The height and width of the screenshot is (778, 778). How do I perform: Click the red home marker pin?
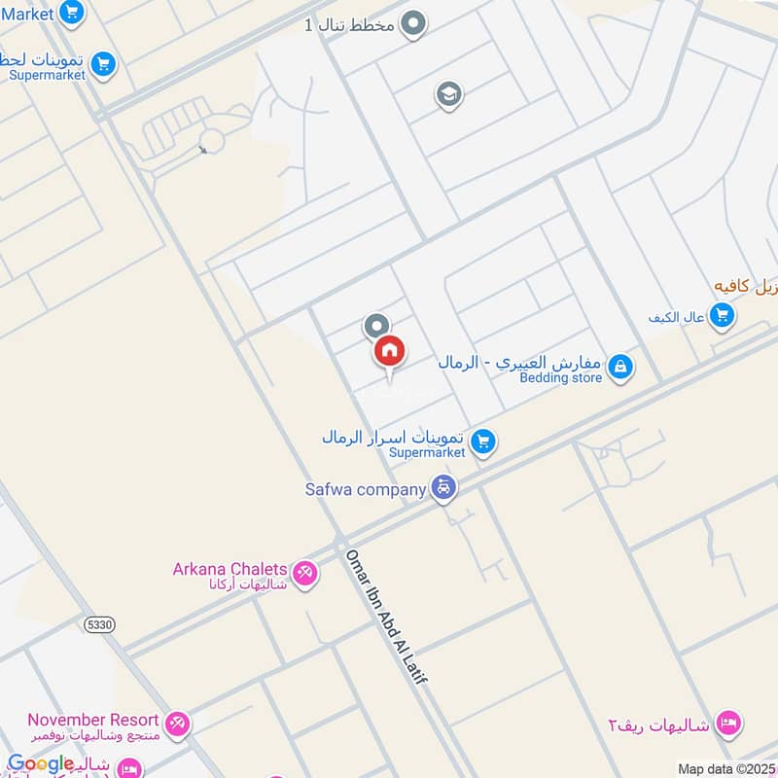[389, 352]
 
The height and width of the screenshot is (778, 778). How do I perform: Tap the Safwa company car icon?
[443, 488]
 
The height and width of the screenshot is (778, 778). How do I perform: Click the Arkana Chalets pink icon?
[305, 575]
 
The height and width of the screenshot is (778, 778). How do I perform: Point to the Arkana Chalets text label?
[230, 569]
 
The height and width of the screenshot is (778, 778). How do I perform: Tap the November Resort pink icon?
[177, 724]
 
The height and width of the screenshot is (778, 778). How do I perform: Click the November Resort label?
[93, 721]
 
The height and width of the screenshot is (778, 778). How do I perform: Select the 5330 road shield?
[99, 623]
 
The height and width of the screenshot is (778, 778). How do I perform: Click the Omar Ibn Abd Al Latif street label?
[386, 616]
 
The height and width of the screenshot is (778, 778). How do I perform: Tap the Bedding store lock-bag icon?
[619, 367]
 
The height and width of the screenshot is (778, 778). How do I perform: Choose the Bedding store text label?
[560, 377]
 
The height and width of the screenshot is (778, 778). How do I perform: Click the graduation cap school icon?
[448, 94]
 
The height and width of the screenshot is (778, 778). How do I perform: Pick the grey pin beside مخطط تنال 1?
[414, 23]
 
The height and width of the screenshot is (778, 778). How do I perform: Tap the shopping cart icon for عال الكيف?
[722, 315]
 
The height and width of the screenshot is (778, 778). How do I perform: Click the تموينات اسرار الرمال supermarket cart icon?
[483, 443]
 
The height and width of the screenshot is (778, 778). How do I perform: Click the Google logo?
[41, 763]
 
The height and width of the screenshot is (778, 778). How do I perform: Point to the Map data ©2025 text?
[724, 768]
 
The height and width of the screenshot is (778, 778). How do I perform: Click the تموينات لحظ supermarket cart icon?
[102, 65]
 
